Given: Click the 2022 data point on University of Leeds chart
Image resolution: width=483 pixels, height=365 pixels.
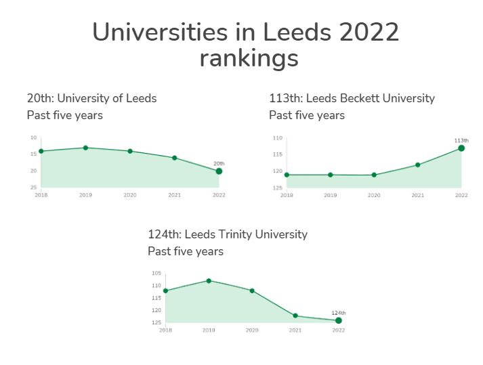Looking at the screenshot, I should (219, 171).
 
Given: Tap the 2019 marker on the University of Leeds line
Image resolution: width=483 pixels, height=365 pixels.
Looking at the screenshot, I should (85, 148).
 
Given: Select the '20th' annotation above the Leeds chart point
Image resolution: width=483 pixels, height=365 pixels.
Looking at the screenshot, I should (219, 163).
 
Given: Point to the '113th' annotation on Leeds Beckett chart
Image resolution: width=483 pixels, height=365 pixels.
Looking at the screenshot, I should (461, 140).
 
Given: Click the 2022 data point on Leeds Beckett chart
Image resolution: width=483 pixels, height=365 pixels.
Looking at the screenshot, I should (461, 148).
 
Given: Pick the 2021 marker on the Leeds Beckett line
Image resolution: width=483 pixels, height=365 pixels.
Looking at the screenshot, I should (418, 165).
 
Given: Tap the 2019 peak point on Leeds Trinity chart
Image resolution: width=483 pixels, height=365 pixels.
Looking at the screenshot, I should (209, 280).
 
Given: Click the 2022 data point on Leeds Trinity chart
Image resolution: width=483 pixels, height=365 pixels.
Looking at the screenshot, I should (339, 320).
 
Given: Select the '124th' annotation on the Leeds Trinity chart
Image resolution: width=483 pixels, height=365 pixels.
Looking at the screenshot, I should (339, 312).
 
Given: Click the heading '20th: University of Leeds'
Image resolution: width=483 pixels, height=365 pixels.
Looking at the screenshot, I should (91, 98).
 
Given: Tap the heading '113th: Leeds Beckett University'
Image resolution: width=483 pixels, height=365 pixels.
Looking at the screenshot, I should (352, 98).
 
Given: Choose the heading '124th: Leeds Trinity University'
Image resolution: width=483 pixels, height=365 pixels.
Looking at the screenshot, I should (228, 234).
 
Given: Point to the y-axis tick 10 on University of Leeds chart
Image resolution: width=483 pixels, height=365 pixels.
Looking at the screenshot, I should (33, 138).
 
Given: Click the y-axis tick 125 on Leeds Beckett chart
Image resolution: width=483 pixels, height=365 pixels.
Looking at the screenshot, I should (278, 187).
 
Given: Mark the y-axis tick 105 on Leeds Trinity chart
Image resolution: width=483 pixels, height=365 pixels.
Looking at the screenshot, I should (156, 274).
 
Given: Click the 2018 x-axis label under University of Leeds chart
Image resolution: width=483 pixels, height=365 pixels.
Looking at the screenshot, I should (41, 195).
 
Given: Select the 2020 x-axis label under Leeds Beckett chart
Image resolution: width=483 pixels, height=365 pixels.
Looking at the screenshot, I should (373, 195).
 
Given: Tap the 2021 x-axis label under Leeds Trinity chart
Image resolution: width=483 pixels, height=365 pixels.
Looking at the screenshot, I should (295, 330).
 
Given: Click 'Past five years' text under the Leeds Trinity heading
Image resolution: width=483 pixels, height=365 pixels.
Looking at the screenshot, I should (186, 251).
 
